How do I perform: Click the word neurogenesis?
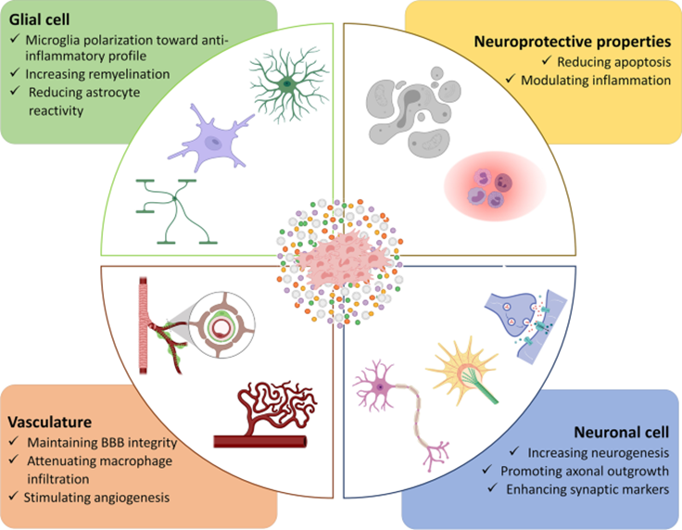coord(625,452)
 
